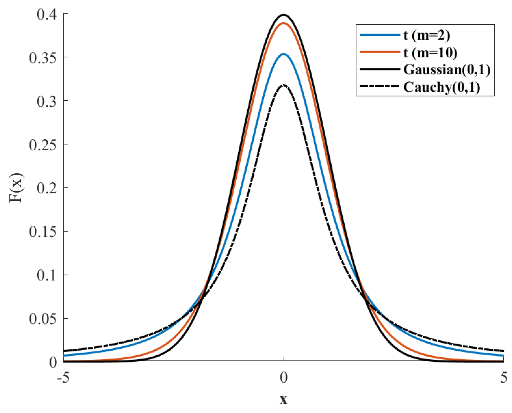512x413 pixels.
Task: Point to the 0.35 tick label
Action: [x=43, y=58]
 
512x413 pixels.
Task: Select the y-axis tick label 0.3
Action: [x=47, y=101]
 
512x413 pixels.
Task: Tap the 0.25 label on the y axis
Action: [x=43, y=145]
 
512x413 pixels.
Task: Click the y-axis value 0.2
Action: [x=47, y=188]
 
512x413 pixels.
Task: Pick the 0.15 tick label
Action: [x=43, y=232]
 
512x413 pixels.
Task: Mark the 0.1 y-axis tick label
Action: [x=47, y=275]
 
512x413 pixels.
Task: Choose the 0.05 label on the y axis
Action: [x=43, y=319]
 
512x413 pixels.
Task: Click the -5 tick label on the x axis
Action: [x=63, y=378]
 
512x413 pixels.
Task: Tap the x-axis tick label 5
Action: [x=504, y=378]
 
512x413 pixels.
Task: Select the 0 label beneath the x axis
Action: [x=284, y=378]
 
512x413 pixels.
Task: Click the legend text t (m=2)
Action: [x=427, y=35]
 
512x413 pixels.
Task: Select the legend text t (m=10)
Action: [x=430, y=53]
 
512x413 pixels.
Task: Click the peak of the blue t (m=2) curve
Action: [x=284, y=54]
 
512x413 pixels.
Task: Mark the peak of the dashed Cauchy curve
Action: [x=284, y=85]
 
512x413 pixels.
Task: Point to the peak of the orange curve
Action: [x=284, y=23]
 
